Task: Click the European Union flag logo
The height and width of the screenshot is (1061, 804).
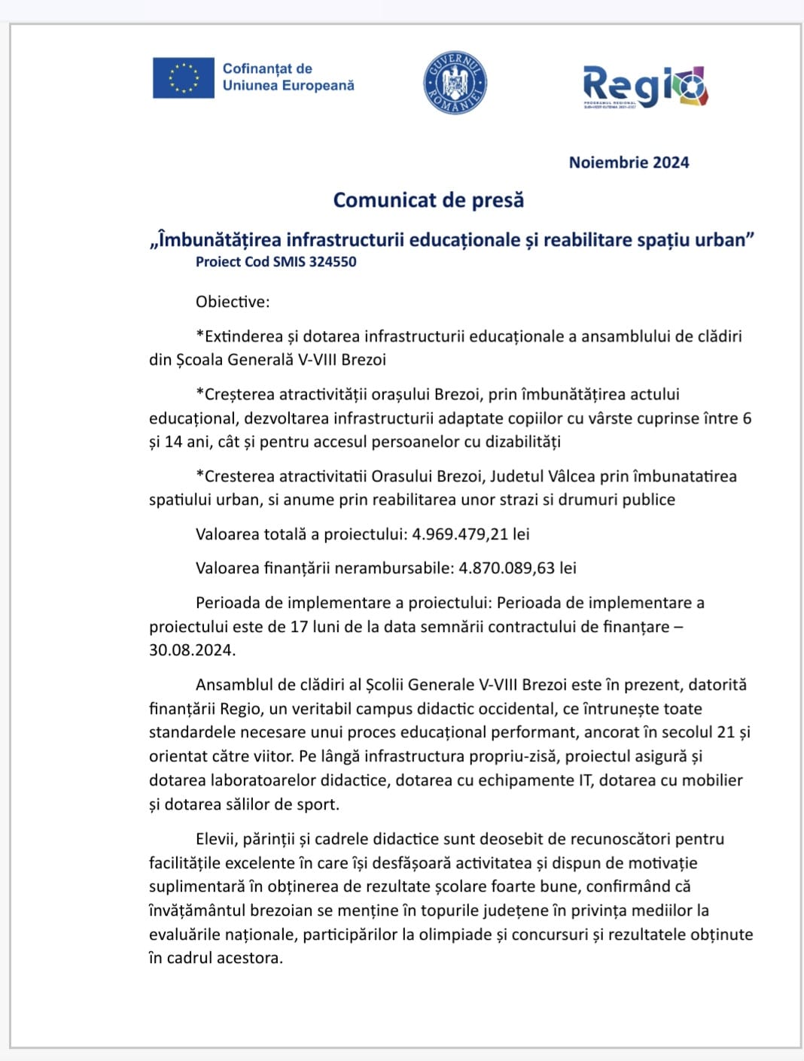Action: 183,78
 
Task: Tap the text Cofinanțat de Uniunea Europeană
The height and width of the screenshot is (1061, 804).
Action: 288,78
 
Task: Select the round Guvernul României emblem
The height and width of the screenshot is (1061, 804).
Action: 455,84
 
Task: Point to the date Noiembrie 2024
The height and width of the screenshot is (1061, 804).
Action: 629,163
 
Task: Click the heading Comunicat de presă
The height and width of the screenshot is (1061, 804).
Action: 428,200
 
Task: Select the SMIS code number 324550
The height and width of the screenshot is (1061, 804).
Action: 332,262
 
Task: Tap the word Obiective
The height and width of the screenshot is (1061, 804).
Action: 231,302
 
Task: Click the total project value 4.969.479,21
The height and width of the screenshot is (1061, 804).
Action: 459,534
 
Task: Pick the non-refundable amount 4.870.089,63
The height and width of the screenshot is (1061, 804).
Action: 507,568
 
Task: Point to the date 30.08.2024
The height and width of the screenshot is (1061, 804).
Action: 191,650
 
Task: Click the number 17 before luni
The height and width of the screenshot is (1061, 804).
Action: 299,627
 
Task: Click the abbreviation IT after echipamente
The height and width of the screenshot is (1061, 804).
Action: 585,780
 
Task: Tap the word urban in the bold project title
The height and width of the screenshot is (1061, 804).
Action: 721,240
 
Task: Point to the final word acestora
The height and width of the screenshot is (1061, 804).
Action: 249,958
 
